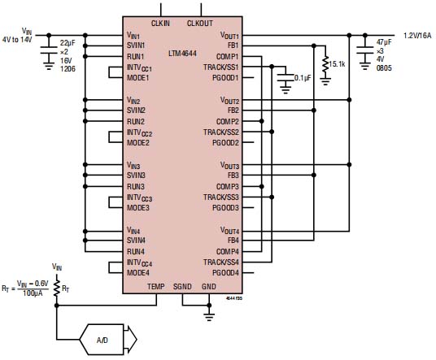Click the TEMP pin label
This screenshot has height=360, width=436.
155,287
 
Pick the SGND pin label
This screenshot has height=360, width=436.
184,287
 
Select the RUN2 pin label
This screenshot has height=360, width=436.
137,121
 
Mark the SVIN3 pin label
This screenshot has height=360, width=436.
137,176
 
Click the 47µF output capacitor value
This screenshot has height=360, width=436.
382,41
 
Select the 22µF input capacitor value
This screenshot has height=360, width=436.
67,41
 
